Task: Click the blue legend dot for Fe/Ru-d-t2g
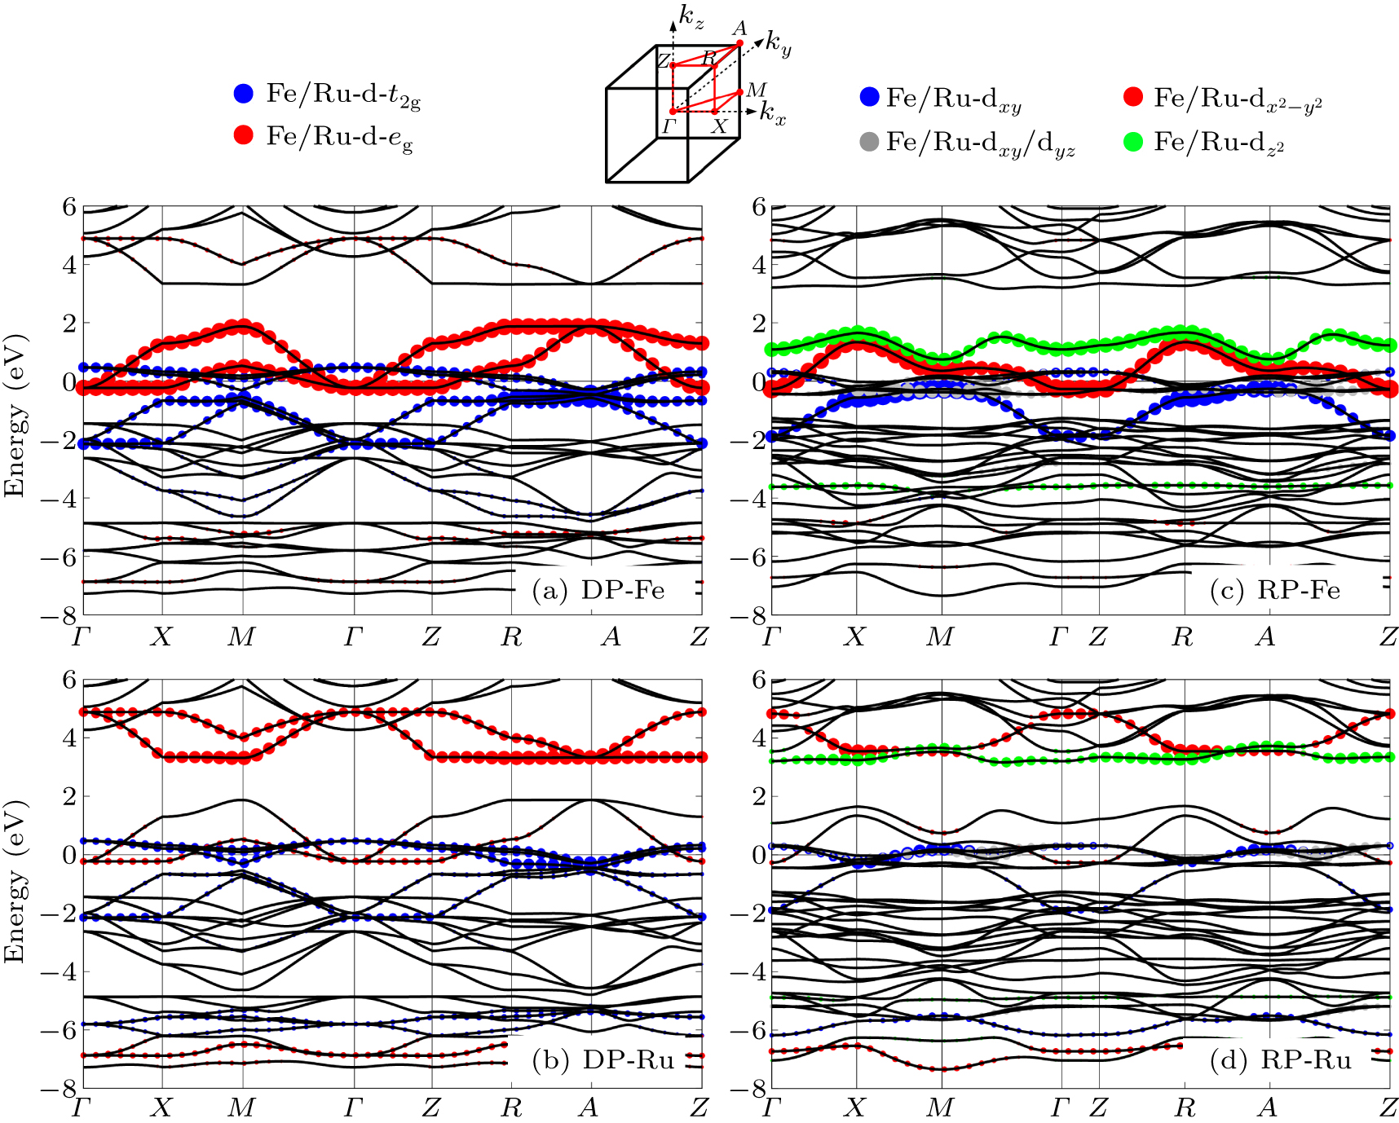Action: click(244, 94)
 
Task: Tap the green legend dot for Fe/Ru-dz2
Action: click(1133, 142)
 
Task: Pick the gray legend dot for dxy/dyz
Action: click(870, 142)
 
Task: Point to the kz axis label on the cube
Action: click(691, 15)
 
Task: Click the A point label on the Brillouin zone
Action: click(739, 29)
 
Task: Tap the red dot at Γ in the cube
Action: click(673, 112)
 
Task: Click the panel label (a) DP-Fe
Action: click(598, 590)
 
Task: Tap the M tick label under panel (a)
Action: click(241, 636)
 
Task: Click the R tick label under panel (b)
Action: click(511, 1108)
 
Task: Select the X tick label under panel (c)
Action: click(854, 636)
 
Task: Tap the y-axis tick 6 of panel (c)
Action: click(757, 207)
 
